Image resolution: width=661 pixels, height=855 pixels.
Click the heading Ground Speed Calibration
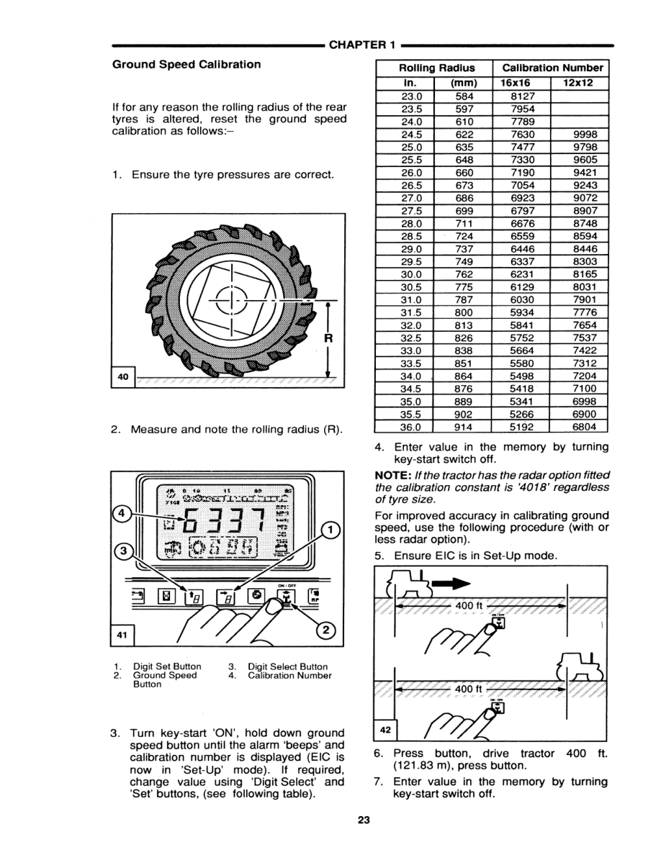point(186,65)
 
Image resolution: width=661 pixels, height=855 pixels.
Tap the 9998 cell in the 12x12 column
point(580,133)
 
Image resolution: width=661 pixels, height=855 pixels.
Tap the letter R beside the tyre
point(328,338)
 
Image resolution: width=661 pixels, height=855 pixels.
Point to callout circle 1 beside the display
point(330,529)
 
